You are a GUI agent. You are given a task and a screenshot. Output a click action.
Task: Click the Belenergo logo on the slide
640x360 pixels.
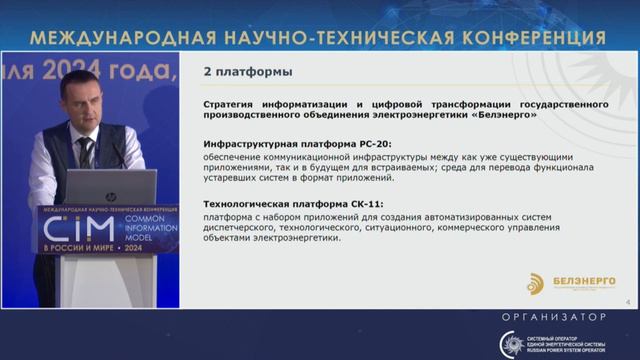click(539, 283)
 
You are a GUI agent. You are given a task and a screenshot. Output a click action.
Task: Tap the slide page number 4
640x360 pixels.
click(626, 300)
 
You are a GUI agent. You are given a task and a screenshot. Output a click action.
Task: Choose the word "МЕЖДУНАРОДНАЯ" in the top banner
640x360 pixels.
click(109, 38)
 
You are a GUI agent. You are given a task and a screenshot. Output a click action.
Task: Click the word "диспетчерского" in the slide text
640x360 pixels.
click(247, 228)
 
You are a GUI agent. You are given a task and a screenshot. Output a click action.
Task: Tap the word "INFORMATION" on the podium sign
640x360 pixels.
click(126, 225)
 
